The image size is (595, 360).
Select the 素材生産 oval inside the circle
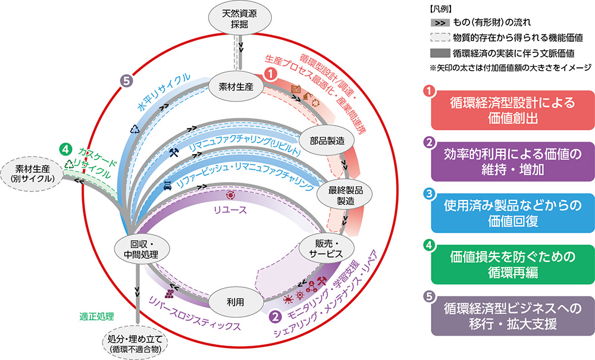click(232, 87)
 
